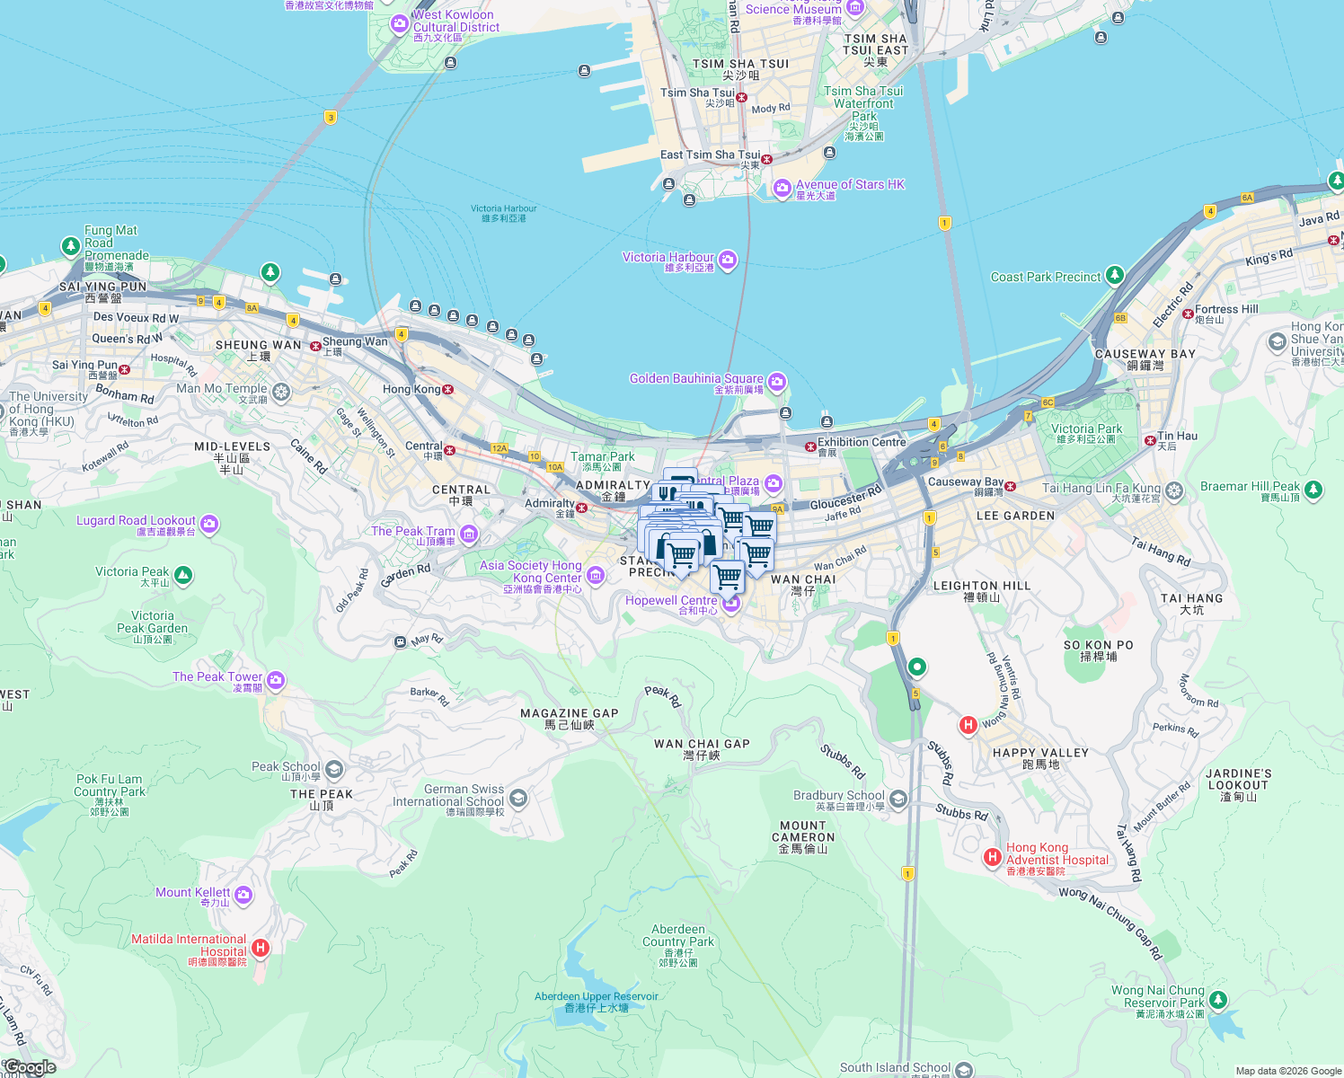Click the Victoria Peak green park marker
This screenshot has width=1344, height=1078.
coord(183,575)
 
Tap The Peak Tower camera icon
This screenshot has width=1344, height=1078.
coord(276,680)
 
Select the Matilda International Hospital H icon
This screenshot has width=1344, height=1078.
coord(261,947)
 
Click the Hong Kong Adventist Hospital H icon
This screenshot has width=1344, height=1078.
coord(993,857)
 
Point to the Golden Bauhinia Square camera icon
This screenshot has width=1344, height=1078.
coord(777,382)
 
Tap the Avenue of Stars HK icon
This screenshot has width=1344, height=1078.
coord(783,188)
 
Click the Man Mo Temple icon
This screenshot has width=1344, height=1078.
coord(281,391)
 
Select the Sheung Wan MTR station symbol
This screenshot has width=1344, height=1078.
coord(315,346)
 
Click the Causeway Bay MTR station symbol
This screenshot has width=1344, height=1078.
coord(1011,486)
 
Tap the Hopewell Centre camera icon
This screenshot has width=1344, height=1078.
coord(731,603)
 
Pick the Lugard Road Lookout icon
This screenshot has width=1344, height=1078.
coord(209,524)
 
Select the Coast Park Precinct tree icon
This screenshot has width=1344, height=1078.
coord(1115,275)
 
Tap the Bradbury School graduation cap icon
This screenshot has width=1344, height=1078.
coord(898,799)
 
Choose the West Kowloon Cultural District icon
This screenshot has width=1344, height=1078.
coord(400,24)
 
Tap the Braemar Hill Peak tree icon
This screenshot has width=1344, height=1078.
coord(1313,490)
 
